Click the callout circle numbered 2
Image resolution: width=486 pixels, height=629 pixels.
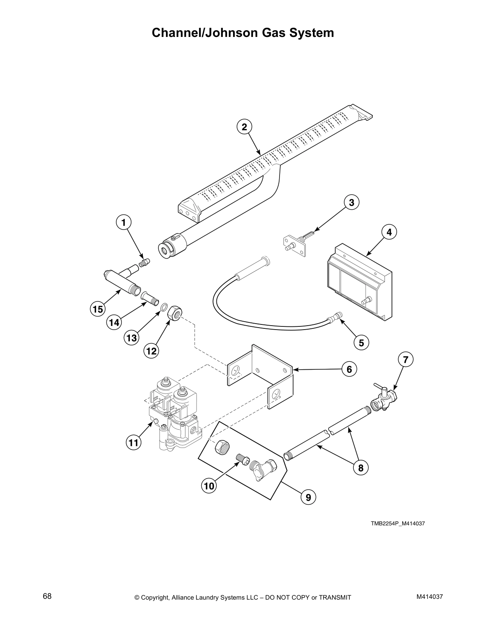click(x=244, y=127)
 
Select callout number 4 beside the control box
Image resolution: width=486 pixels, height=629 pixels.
click(x=389, y=232)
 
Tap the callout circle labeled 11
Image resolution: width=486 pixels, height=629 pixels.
click(x=134, y=442)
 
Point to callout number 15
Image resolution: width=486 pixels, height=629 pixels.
click(x=98, y=309)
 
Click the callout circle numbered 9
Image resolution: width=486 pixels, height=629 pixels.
click(x=308, y=496)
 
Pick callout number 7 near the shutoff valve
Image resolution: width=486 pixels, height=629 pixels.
click(x=405, y=360)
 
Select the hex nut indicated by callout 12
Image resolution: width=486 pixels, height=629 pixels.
click(x=175, y=313)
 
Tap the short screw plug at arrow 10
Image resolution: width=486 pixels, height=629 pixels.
click(x=242, y=459)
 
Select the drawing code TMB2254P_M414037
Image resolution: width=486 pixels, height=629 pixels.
click(x=398, y=523)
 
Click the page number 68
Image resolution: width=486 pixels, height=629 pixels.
click(x=47, y=596)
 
